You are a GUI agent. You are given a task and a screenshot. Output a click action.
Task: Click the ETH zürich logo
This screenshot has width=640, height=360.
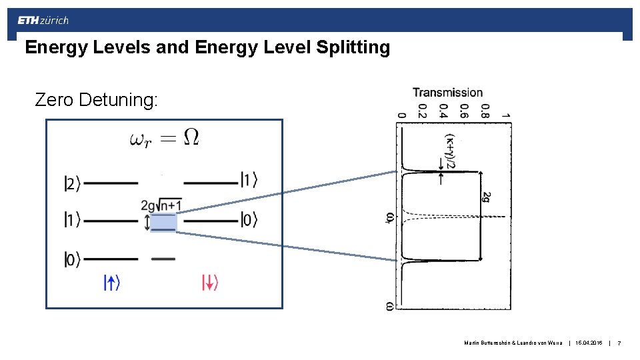(x=43, y=21)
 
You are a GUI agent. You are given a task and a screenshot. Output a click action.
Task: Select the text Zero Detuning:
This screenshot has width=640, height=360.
(x=97, y=100)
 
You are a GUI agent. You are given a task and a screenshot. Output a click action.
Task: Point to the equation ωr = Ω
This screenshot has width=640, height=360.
(x=164, y=138)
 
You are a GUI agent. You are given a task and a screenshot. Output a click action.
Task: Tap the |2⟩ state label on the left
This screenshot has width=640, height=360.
(x=73, y=182)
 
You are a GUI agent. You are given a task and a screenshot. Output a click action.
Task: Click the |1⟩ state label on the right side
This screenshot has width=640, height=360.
(x=249, y=180)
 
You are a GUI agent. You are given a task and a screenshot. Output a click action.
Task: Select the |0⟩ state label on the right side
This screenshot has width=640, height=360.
(x=249, y=219)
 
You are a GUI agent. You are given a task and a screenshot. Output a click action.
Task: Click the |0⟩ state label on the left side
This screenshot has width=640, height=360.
(x=73, y=259)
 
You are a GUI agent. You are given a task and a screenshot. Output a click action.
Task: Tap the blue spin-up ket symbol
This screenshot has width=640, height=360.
(x=111, y=283)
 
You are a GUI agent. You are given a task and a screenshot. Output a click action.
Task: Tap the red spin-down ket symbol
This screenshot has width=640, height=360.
(x=210, y=283)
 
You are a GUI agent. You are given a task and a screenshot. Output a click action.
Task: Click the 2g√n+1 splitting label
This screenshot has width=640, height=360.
(x=161, y=204)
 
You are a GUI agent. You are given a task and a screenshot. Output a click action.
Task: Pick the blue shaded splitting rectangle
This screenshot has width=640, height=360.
(x=163, y=222)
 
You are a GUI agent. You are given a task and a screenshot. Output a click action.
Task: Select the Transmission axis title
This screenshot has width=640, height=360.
(x=447, y=93)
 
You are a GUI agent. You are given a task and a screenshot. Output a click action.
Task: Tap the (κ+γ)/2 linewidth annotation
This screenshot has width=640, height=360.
(x=451, y=152)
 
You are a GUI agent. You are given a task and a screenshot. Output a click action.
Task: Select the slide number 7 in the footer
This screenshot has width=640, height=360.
(x=619, y=343)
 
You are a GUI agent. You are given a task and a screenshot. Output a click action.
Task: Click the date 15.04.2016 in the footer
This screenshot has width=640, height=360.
(x=588, y=343)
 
